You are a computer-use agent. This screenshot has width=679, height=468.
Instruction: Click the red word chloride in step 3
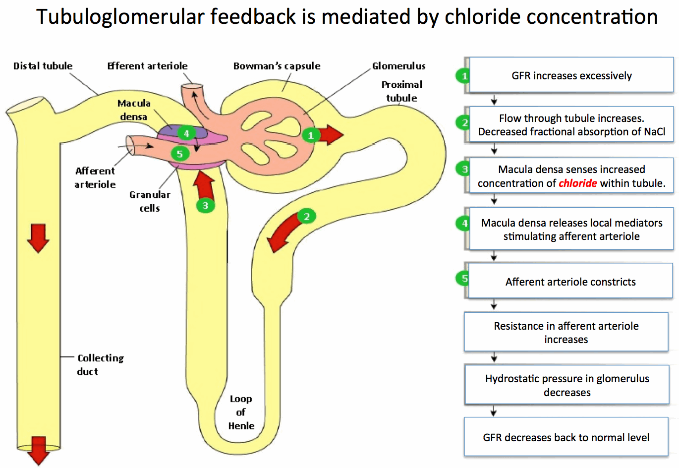pos(577,183)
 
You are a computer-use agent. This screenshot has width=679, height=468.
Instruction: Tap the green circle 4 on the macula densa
pos(186,133)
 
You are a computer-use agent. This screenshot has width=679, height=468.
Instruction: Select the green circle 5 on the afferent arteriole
pos(180,154)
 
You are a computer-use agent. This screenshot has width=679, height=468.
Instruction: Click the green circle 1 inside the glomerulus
pos(311,135)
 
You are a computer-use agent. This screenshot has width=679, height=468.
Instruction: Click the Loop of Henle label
pos(241,412)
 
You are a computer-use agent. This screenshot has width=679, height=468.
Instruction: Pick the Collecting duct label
pos(100,364)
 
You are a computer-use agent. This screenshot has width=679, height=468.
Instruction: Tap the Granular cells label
pos(150,201)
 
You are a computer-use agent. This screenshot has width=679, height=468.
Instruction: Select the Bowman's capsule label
pos(277,66)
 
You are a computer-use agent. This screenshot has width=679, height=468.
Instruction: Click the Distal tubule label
pos(43,66)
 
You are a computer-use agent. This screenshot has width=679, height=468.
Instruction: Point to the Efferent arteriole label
pos(147,66)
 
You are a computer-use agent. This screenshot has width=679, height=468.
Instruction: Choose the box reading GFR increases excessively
pos(571,75)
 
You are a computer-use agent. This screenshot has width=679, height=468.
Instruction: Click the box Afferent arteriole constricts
pos(570,282)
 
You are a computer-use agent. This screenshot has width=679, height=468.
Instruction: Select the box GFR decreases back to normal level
pos(566,437)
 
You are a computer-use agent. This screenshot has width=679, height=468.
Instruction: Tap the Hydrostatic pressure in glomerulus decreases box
pos(566,385)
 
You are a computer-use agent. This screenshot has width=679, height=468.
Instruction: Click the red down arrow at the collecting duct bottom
pos(38,450)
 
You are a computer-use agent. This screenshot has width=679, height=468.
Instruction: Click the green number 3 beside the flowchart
pos(464,169)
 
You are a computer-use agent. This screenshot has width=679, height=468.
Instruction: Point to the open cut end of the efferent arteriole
pos(191,87)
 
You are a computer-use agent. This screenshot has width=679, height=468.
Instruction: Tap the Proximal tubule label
pos(401,91)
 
